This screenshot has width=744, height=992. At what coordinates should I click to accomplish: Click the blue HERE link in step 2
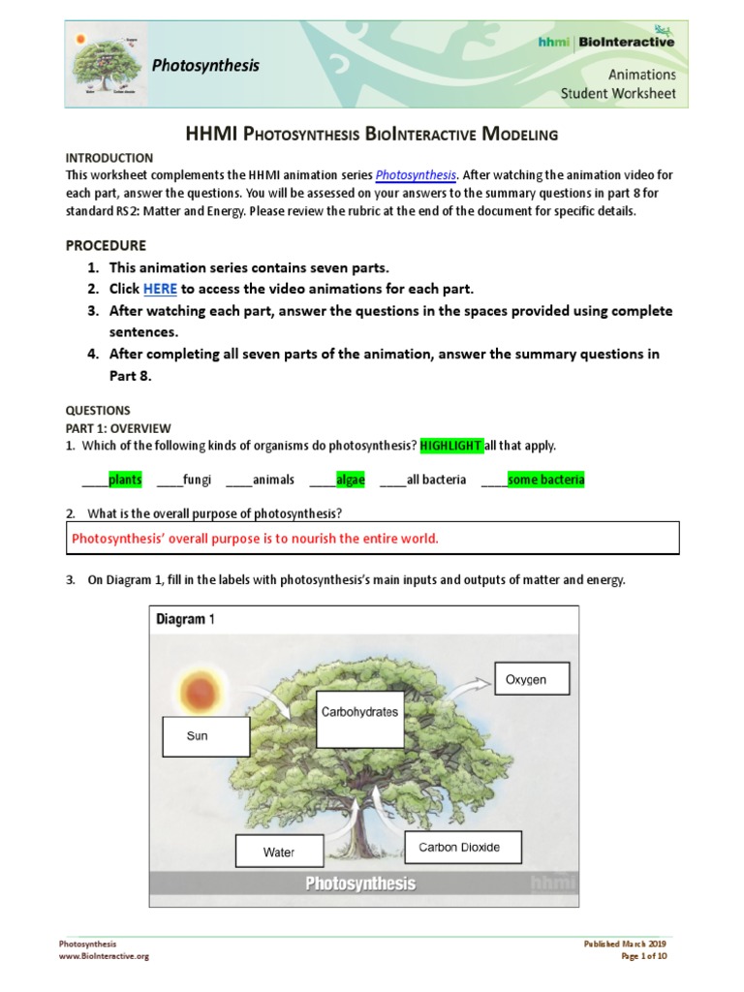(x=160, y=289)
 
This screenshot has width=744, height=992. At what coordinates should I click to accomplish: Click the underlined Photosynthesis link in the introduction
(x=416, y=175)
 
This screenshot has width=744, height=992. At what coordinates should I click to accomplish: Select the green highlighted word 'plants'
(x=125, y=480)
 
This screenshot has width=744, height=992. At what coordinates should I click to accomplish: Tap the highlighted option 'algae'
(x=350, y=480)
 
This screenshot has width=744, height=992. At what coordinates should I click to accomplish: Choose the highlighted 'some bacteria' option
(x=545, y=480)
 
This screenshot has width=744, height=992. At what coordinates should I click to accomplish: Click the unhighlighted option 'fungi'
(x=197, y=480)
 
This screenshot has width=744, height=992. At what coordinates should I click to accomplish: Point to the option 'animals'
(x=273, y=480)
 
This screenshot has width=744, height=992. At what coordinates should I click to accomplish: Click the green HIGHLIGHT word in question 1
(x=450, y=445)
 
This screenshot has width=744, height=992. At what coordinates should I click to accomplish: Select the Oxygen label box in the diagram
(x=532, y=679)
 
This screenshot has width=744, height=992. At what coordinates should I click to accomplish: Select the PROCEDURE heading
(x=106, y=245)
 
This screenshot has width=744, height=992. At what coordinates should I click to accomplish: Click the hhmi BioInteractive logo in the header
(x=606, y=41)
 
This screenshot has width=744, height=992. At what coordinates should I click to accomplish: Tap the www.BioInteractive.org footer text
(x=104, y=956)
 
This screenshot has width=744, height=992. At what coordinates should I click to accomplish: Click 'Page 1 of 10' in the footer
(x=643, y=956)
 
